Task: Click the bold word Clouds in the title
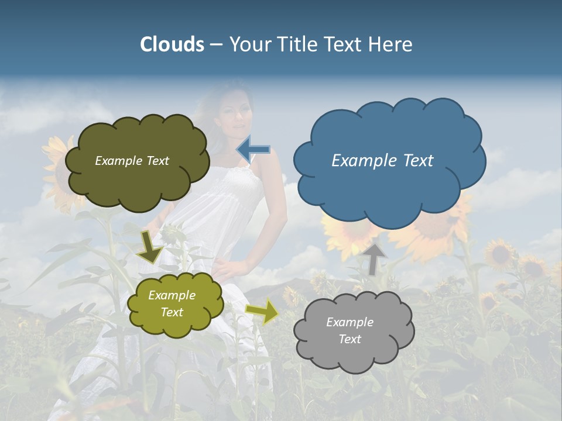(172, 44)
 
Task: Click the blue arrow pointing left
(253, 149)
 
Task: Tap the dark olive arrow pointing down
(150, 248)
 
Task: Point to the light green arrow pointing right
(262, 312)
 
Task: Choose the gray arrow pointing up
(374, 258)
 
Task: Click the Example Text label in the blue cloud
(382, 161)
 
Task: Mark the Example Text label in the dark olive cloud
(132, 161)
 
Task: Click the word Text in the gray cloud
(349, 339)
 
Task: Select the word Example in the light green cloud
(172, 295)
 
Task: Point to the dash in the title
(216, 45)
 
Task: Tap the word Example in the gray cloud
(349, 322)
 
